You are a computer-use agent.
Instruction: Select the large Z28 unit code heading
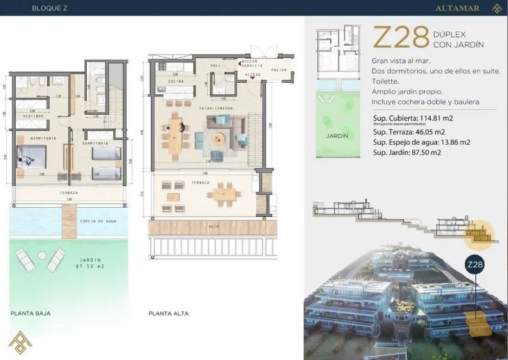click(401, 38)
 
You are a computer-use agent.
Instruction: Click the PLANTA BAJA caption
click(30, 314)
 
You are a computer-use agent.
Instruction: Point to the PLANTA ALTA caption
click(168, 314)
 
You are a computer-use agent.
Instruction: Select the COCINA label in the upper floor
click(168, 81)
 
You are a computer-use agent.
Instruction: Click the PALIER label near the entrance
click(278, 70)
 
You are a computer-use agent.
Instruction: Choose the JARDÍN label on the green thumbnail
click(337, 135)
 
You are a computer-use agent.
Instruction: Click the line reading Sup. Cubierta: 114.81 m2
click(414, 118)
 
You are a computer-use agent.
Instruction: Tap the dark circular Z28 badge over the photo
click(474, 264)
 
